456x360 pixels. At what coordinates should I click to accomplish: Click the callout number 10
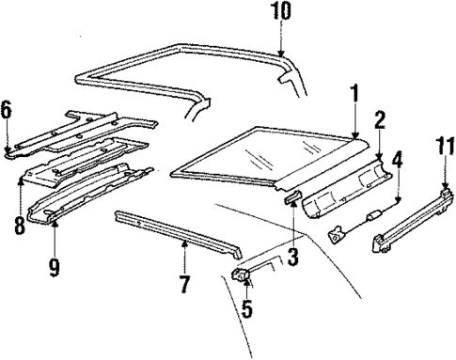point(283,13)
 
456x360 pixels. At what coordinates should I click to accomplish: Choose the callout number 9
point(55,267)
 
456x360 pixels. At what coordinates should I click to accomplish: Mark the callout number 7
point(185,281)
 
